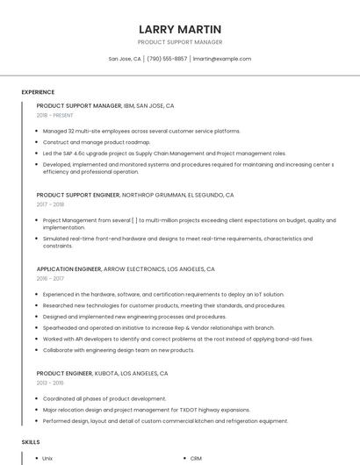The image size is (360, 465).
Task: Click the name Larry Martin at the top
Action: tap(180, 28)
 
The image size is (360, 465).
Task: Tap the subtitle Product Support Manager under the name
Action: tap(180, 42)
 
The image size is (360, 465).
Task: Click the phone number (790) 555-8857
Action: tap(167, 59)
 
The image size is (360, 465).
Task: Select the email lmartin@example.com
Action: tap(221, 59)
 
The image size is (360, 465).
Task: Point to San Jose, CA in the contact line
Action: tap(125, 59)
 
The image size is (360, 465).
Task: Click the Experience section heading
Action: tap(38, 92)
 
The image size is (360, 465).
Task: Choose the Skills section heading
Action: tap(31, 442)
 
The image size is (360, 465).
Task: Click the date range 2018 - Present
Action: tap(55, 115)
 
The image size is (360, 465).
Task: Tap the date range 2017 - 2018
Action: tap(52, 204)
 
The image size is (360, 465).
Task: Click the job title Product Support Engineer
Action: tap(78, 195)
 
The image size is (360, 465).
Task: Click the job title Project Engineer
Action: tap(64, 373)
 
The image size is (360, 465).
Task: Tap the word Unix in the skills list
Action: tap(47, 458)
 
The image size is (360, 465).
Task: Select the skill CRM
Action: tap(196, 458)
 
